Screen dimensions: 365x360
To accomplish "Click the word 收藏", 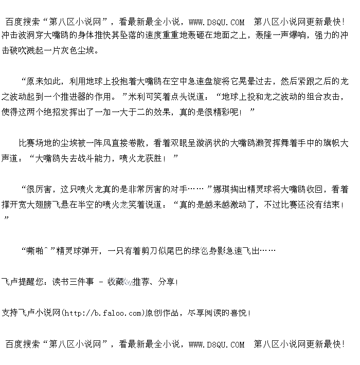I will [116, 282].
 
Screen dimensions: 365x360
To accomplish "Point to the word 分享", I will [167, 282].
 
